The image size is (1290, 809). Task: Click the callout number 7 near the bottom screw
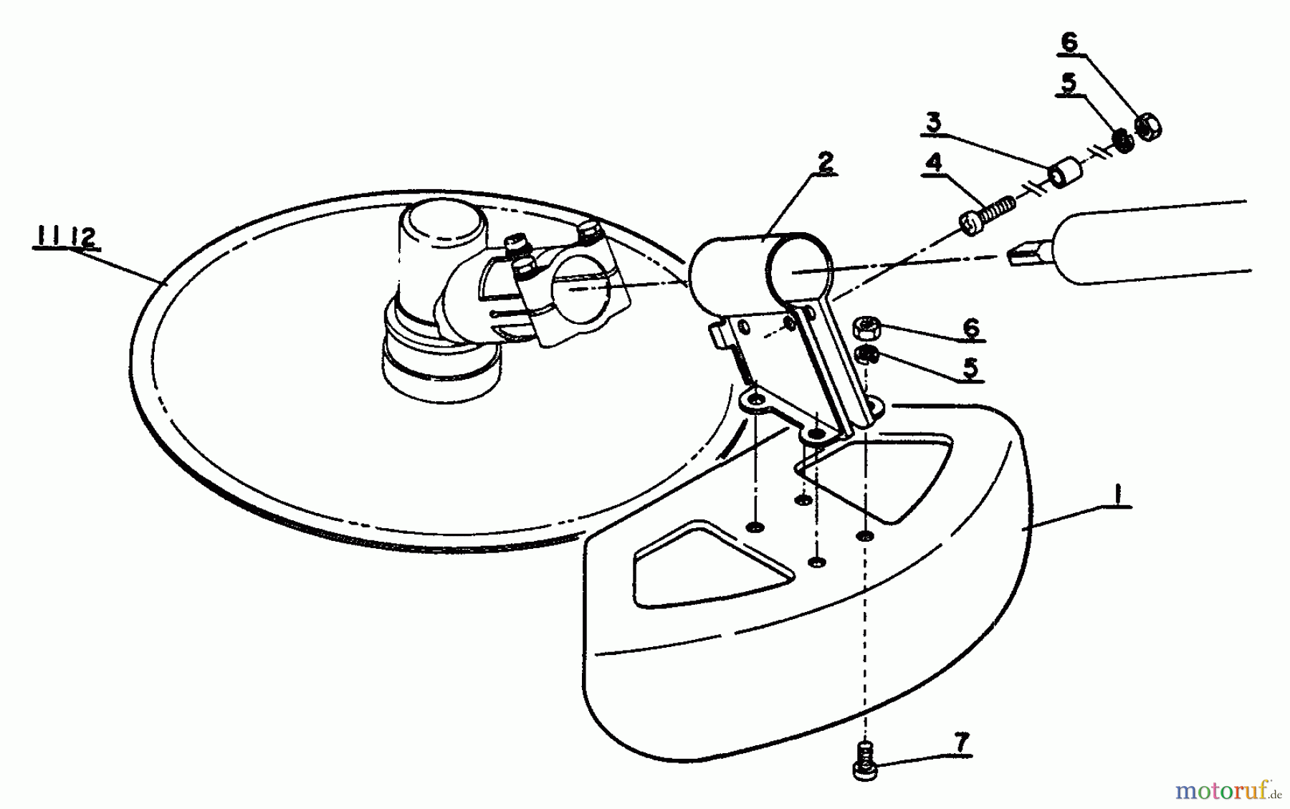tap(962, 742)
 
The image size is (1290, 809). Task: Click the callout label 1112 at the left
tap(64, 237)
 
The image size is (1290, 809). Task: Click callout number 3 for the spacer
tap(932, 121)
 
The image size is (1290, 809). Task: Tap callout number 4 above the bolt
tap(933, 162)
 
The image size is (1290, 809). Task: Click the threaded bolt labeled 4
tap(988, 215)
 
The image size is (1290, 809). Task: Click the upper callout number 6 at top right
tap(1069, 42)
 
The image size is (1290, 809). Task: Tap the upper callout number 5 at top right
tap(1068, 82)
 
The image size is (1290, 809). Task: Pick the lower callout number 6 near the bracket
tap(970, 327)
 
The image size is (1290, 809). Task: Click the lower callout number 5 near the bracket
tap(970, 368)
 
